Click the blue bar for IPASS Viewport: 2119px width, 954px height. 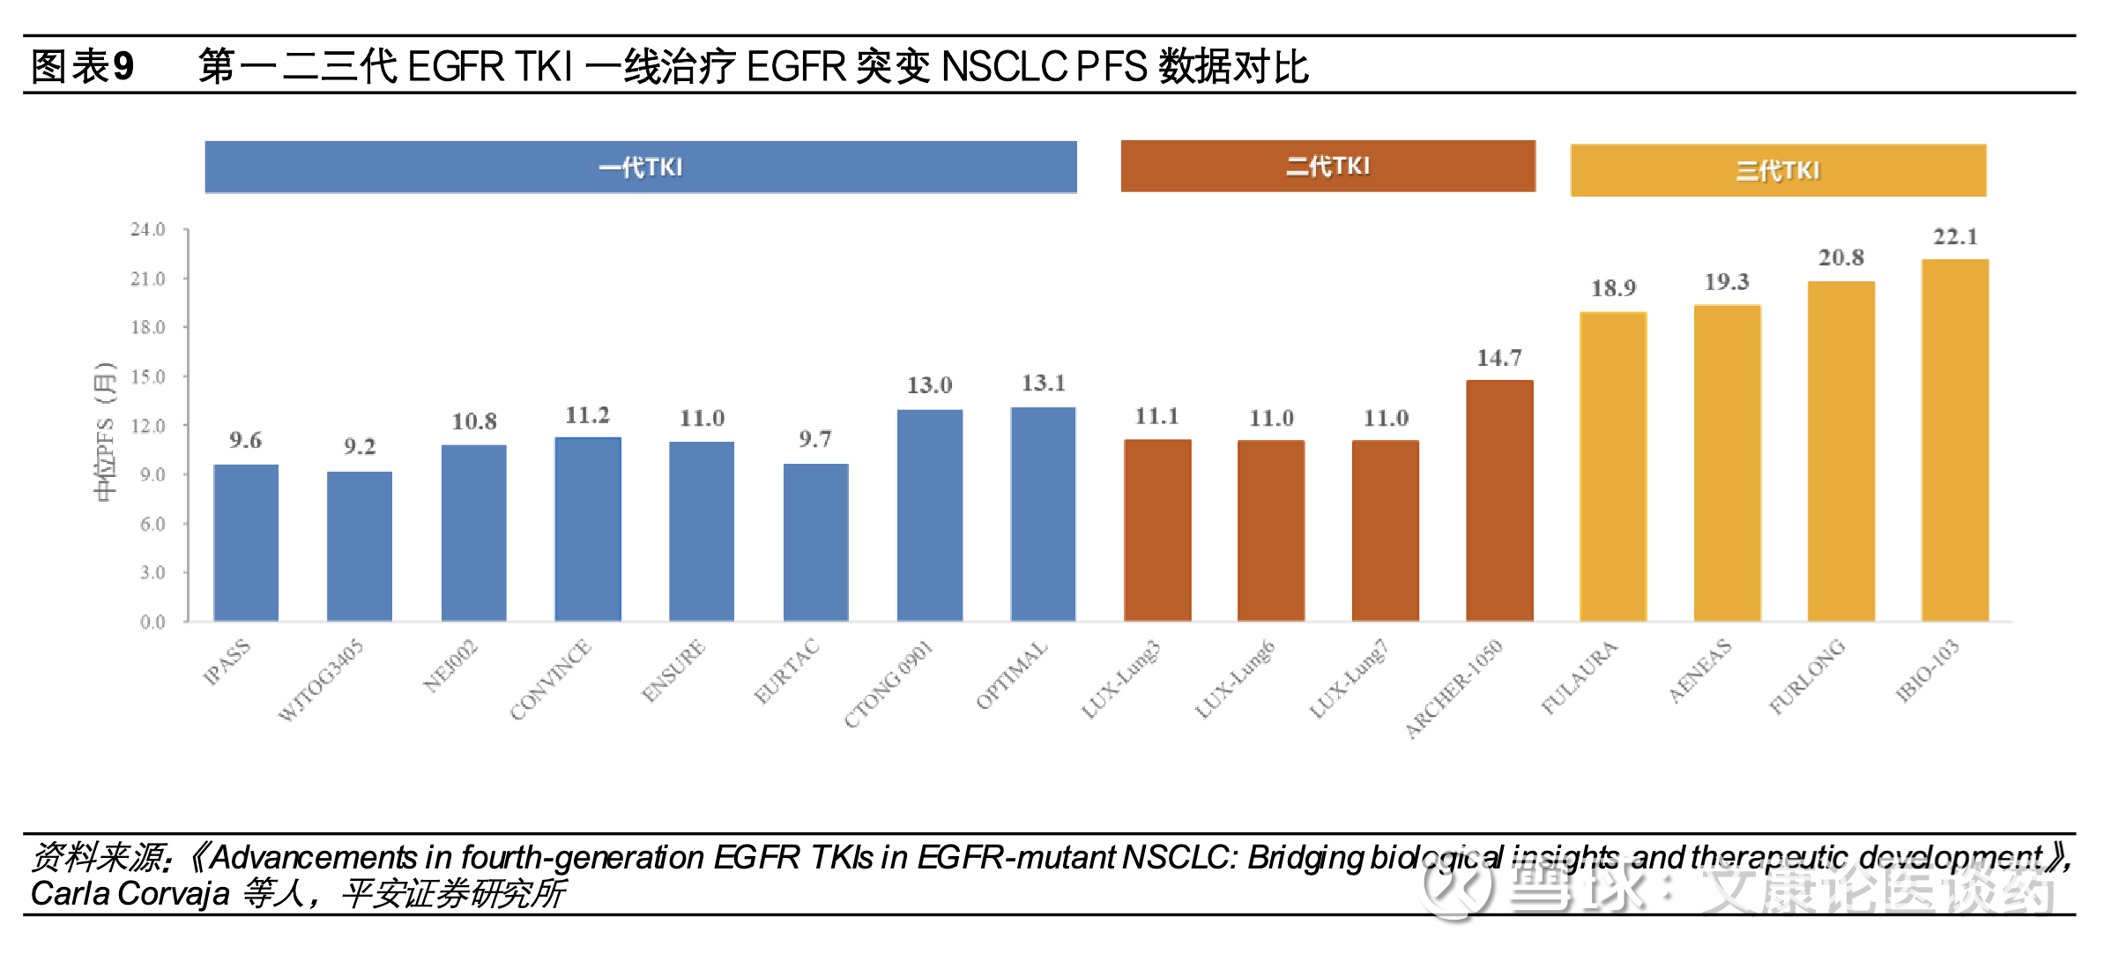click(246, 542)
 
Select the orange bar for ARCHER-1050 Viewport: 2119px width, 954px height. click(1499, 500)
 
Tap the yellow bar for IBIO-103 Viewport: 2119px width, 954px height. click(1955, 440)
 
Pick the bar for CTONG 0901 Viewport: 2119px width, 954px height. click(930, 515)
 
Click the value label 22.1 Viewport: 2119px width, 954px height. click(1955, 237)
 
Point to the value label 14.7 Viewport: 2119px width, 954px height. click(1498, 358)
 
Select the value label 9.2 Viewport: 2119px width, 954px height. click(360, 447)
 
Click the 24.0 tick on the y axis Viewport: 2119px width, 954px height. click(148, 230)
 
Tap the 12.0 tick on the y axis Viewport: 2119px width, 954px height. click(148, 426)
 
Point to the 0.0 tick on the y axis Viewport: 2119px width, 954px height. click(152, 622)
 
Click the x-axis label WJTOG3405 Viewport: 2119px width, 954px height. click(320, 681)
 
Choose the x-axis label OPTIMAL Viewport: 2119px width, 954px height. click(1012, 675)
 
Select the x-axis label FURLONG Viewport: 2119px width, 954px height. click(1807, 676)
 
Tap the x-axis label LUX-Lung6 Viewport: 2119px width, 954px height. click(1235, 680)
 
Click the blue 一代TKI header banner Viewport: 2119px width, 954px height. click(641, 167)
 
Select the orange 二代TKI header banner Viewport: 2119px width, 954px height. click(1327, 166)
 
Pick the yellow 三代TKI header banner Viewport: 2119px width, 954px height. click(1778, 170)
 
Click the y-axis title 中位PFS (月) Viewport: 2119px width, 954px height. click(105, 432)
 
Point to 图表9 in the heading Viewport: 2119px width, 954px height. click(82, 66)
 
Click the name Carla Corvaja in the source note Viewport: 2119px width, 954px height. click(130, 894)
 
